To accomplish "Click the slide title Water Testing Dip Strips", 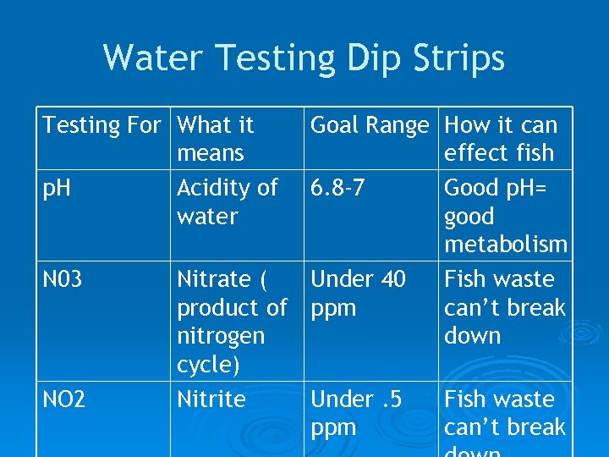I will [304, 58].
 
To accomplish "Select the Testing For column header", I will [101, 125].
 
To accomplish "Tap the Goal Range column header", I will [370, 125].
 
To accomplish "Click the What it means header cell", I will [215, 139].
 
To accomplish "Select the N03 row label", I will [63, 279].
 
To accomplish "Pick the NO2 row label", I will [64, 399].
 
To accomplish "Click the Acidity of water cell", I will [227, 201].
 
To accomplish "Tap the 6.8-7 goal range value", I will [338, 188].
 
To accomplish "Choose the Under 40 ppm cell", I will [358, 293].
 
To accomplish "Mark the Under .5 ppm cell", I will [354, 413].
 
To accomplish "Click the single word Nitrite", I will [211, 399].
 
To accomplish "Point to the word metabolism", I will [506, 245].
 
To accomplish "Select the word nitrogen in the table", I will [221, 336].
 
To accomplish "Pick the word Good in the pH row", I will [470, 188].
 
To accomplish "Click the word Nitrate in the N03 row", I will [216, 279].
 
